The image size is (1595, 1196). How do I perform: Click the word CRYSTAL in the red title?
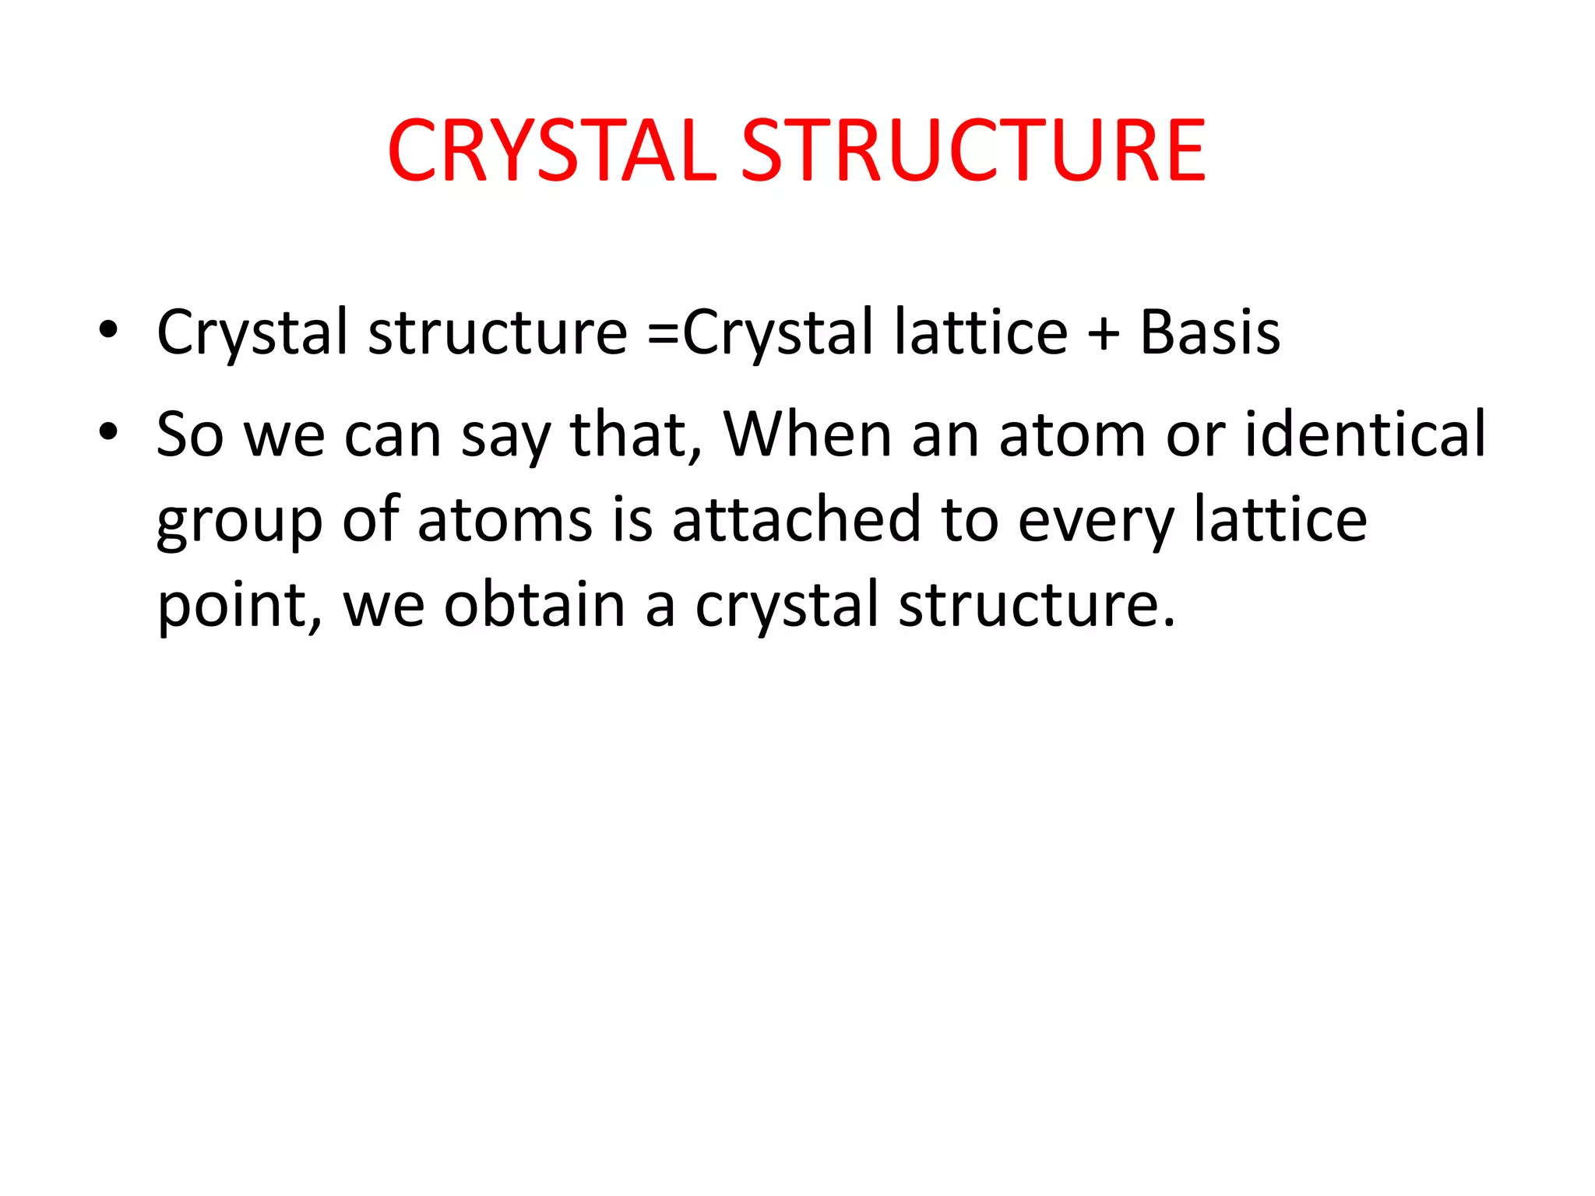click(x=551, y=151)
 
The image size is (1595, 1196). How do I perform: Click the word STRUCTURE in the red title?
click(x=974, y=151)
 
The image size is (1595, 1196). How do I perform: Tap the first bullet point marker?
click(x=108, y=330)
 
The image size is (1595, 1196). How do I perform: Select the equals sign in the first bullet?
click(x=663, y=333)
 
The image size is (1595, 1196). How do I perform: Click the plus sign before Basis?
click(x=1104, y=333)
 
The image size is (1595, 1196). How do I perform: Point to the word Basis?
click(x=1209, y=333)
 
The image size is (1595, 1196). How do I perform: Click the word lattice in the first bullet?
click(x=981, y=333)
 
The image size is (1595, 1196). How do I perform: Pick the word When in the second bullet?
click(x=808, y=434)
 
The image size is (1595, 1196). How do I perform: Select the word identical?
click(x=1365, y=434)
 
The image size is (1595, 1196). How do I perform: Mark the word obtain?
click(x=534, y=606)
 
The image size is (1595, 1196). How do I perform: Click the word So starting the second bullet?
click(x=190, y=434)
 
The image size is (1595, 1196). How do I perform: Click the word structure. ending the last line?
click(x=1037, y=606)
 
